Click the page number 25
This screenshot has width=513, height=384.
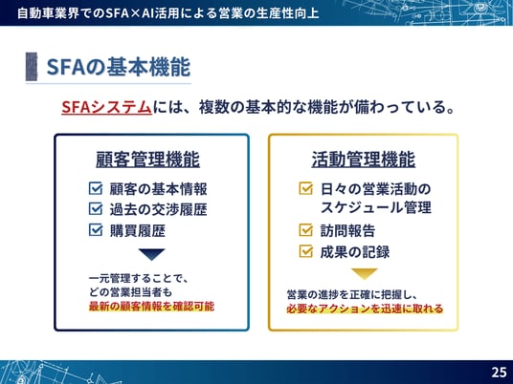click(x=499, y=373)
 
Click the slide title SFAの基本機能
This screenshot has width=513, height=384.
click(x=119, y=67)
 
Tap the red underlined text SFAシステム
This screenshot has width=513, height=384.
click(x=106, y=107)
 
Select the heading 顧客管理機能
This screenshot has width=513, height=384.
click(x=148, y=160)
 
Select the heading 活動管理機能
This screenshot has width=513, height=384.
click(x=364, y=160)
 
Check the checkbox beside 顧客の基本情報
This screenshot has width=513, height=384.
click(x=96, y=188)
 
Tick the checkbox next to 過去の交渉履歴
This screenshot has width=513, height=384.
click(x=96, y=209)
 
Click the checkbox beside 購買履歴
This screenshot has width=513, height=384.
click(x=96, y=229)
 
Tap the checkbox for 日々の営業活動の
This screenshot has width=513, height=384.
click(x=306, y=188)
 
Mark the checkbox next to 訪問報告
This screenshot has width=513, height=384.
click(x=306, y=230)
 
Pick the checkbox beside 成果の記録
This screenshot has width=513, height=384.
click(x=306, y=251)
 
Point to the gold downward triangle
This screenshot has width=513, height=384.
click(x=364, y=274)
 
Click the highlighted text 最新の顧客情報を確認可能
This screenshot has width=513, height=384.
click(x=151, y=307)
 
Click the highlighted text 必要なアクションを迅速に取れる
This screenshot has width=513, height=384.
click(x=365, y=309)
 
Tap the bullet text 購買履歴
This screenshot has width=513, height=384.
click(x=138, y=230)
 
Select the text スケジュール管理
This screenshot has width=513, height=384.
click(x=376, y=207)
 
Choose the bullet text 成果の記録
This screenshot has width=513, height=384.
click(x=355, y=252)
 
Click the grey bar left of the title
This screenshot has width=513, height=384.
click(x=32, y=67)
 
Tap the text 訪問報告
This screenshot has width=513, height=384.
click(x=347, y=230)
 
